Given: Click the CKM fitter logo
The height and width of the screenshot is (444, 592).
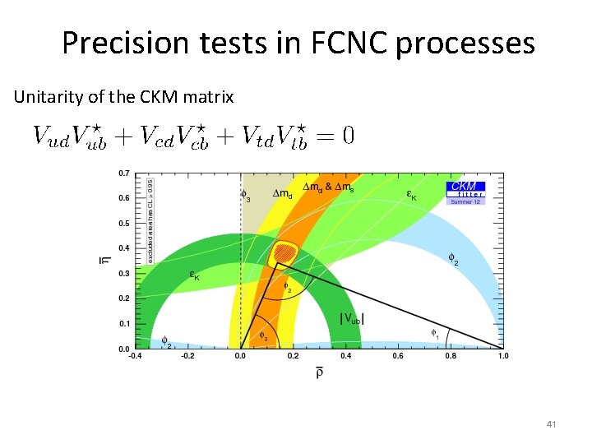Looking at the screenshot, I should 465,192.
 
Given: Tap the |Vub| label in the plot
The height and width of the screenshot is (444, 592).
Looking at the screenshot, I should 352,318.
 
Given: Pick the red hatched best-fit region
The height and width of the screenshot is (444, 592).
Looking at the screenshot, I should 284,254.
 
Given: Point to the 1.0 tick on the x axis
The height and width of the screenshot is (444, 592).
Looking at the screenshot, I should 503,357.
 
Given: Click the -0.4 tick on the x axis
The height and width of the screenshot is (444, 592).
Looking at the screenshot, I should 134,357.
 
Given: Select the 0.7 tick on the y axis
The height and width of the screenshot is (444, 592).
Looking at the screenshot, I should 123,173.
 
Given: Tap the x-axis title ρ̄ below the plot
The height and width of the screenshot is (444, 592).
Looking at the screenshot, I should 319,374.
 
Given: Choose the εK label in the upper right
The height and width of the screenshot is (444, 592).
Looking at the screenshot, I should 413,195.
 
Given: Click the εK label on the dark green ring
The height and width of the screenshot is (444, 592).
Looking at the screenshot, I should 196,276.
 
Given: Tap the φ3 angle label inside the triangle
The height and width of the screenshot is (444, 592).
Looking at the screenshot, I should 263,335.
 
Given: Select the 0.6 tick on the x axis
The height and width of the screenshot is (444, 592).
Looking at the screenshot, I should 398,357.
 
